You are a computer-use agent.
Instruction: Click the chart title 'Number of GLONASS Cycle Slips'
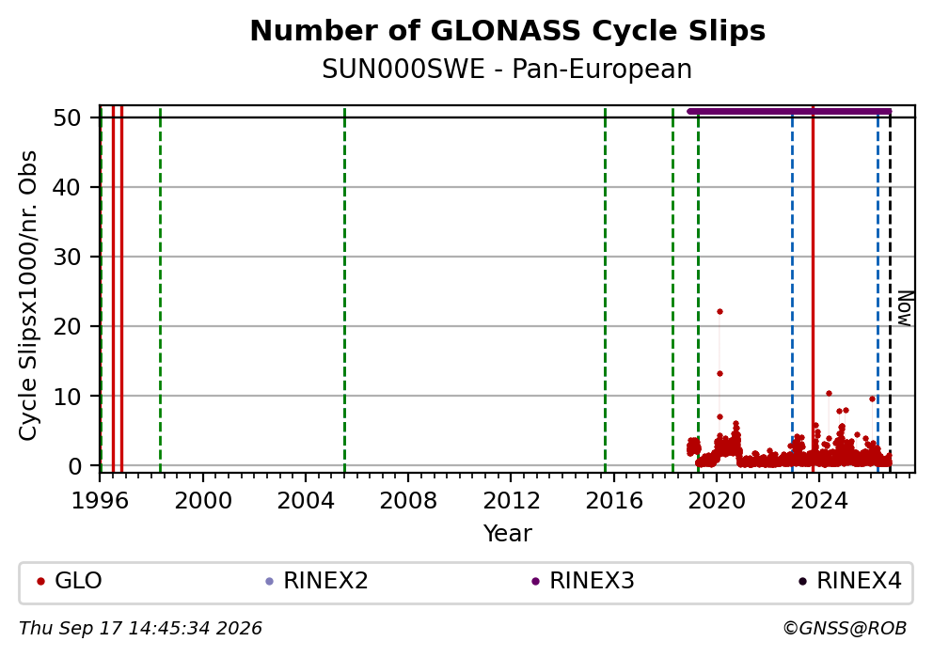click(x=508, y=31)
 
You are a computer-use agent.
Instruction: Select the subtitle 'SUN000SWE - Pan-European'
click(x=507, y=70)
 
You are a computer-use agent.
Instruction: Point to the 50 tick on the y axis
click(x=67, y=117)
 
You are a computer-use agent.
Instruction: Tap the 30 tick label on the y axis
click(x=67, y=257)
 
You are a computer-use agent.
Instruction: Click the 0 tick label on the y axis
click(x=74, y=465)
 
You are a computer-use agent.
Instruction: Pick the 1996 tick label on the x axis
click(x=100, y=501)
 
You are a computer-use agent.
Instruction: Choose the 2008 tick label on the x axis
click(x=408, y=501)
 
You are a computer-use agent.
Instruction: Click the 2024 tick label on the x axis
click(x=819, y=501)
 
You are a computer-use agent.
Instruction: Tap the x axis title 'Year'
click(x=508, y=533)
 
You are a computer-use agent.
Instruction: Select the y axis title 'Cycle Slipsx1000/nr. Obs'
click(x=28, y=295)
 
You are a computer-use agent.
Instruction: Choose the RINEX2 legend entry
click(x=317, y=581)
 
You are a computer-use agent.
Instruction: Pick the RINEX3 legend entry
click(x=582, y=581)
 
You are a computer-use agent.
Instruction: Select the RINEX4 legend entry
click(x=849, y=581)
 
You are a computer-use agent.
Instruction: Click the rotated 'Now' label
click(x=905, y=308)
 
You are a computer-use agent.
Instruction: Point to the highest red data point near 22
click(x=720, y=311)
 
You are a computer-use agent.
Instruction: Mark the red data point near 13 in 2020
click(x=720, y=374)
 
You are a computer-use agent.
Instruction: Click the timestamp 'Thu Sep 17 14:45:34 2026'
click(x=140, y=629)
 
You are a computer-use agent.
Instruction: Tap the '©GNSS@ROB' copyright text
click(x=845, y=629)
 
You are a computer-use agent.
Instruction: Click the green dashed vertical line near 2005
click(x=344, y=290)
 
